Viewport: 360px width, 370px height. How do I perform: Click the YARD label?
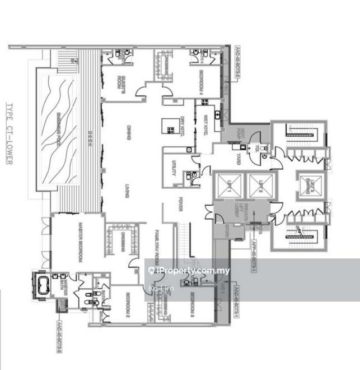(237, 158)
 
